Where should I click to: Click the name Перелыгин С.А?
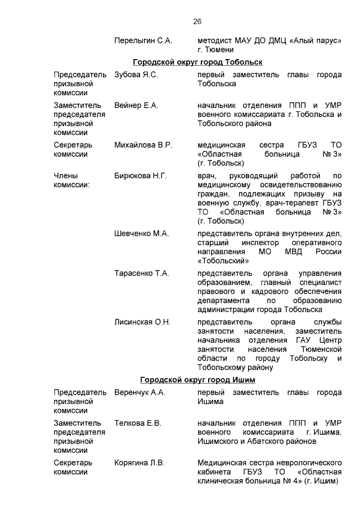point(143,41)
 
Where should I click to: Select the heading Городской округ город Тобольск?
point(197,62)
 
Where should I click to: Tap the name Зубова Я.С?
point(137,74)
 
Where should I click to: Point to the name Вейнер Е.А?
point(137,105)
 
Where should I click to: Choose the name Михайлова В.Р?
point(143,145)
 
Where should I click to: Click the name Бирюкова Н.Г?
point(141,176)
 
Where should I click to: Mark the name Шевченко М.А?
point(141,233)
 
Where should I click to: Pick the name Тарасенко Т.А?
point(141,273)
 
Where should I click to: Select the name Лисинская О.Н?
point(142,322)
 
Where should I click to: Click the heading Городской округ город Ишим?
point(197,380)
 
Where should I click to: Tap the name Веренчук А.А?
point(139,392)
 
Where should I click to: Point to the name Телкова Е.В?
point(138,423)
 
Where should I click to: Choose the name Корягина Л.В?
point(139,463)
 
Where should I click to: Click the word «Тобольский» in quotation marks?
point(223,261)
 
